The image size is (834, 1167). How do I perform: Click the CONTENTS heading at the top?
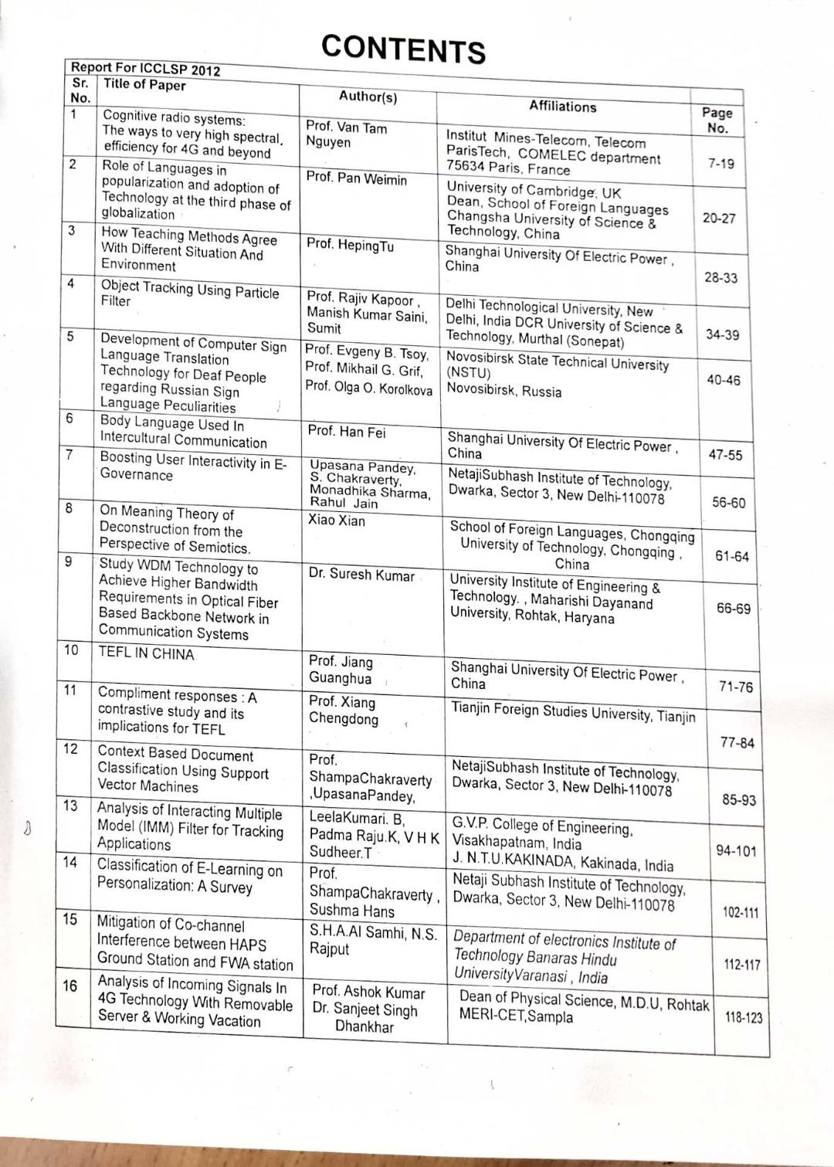pos(403,48)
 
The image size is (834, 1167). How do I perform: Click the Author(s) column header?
pos(368,97)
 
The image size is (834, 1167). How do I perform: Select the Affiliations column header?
pos(562,107)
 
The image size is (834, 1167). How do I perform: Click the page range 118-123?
pos(743,1017)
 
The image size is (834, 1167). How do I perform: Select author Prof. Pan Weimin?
pos(356,178)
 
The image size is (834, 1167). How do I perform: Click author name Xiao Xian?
pos(337,521)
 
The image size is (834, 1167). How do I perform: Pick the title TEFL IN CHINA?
pos(146,654)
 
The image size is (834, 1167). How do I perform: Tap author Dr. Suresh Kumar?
pos(361,575)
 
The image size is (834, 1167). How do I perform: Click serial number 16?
pos(69,986)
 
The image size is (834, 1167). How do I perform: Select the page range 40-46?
pos(724,380)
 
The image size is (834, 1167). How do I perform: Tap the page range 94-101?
pos(736,850)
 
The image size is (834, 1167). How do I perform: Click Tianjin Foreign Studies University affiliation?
pos(573,712)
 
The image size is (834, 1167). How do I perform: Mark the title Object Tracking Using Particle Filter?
pos(190,294)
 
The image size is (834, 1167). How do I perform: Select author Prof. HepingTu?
pos(350,245)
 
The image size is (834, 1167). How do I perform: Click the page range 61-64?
pos(731,556)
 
